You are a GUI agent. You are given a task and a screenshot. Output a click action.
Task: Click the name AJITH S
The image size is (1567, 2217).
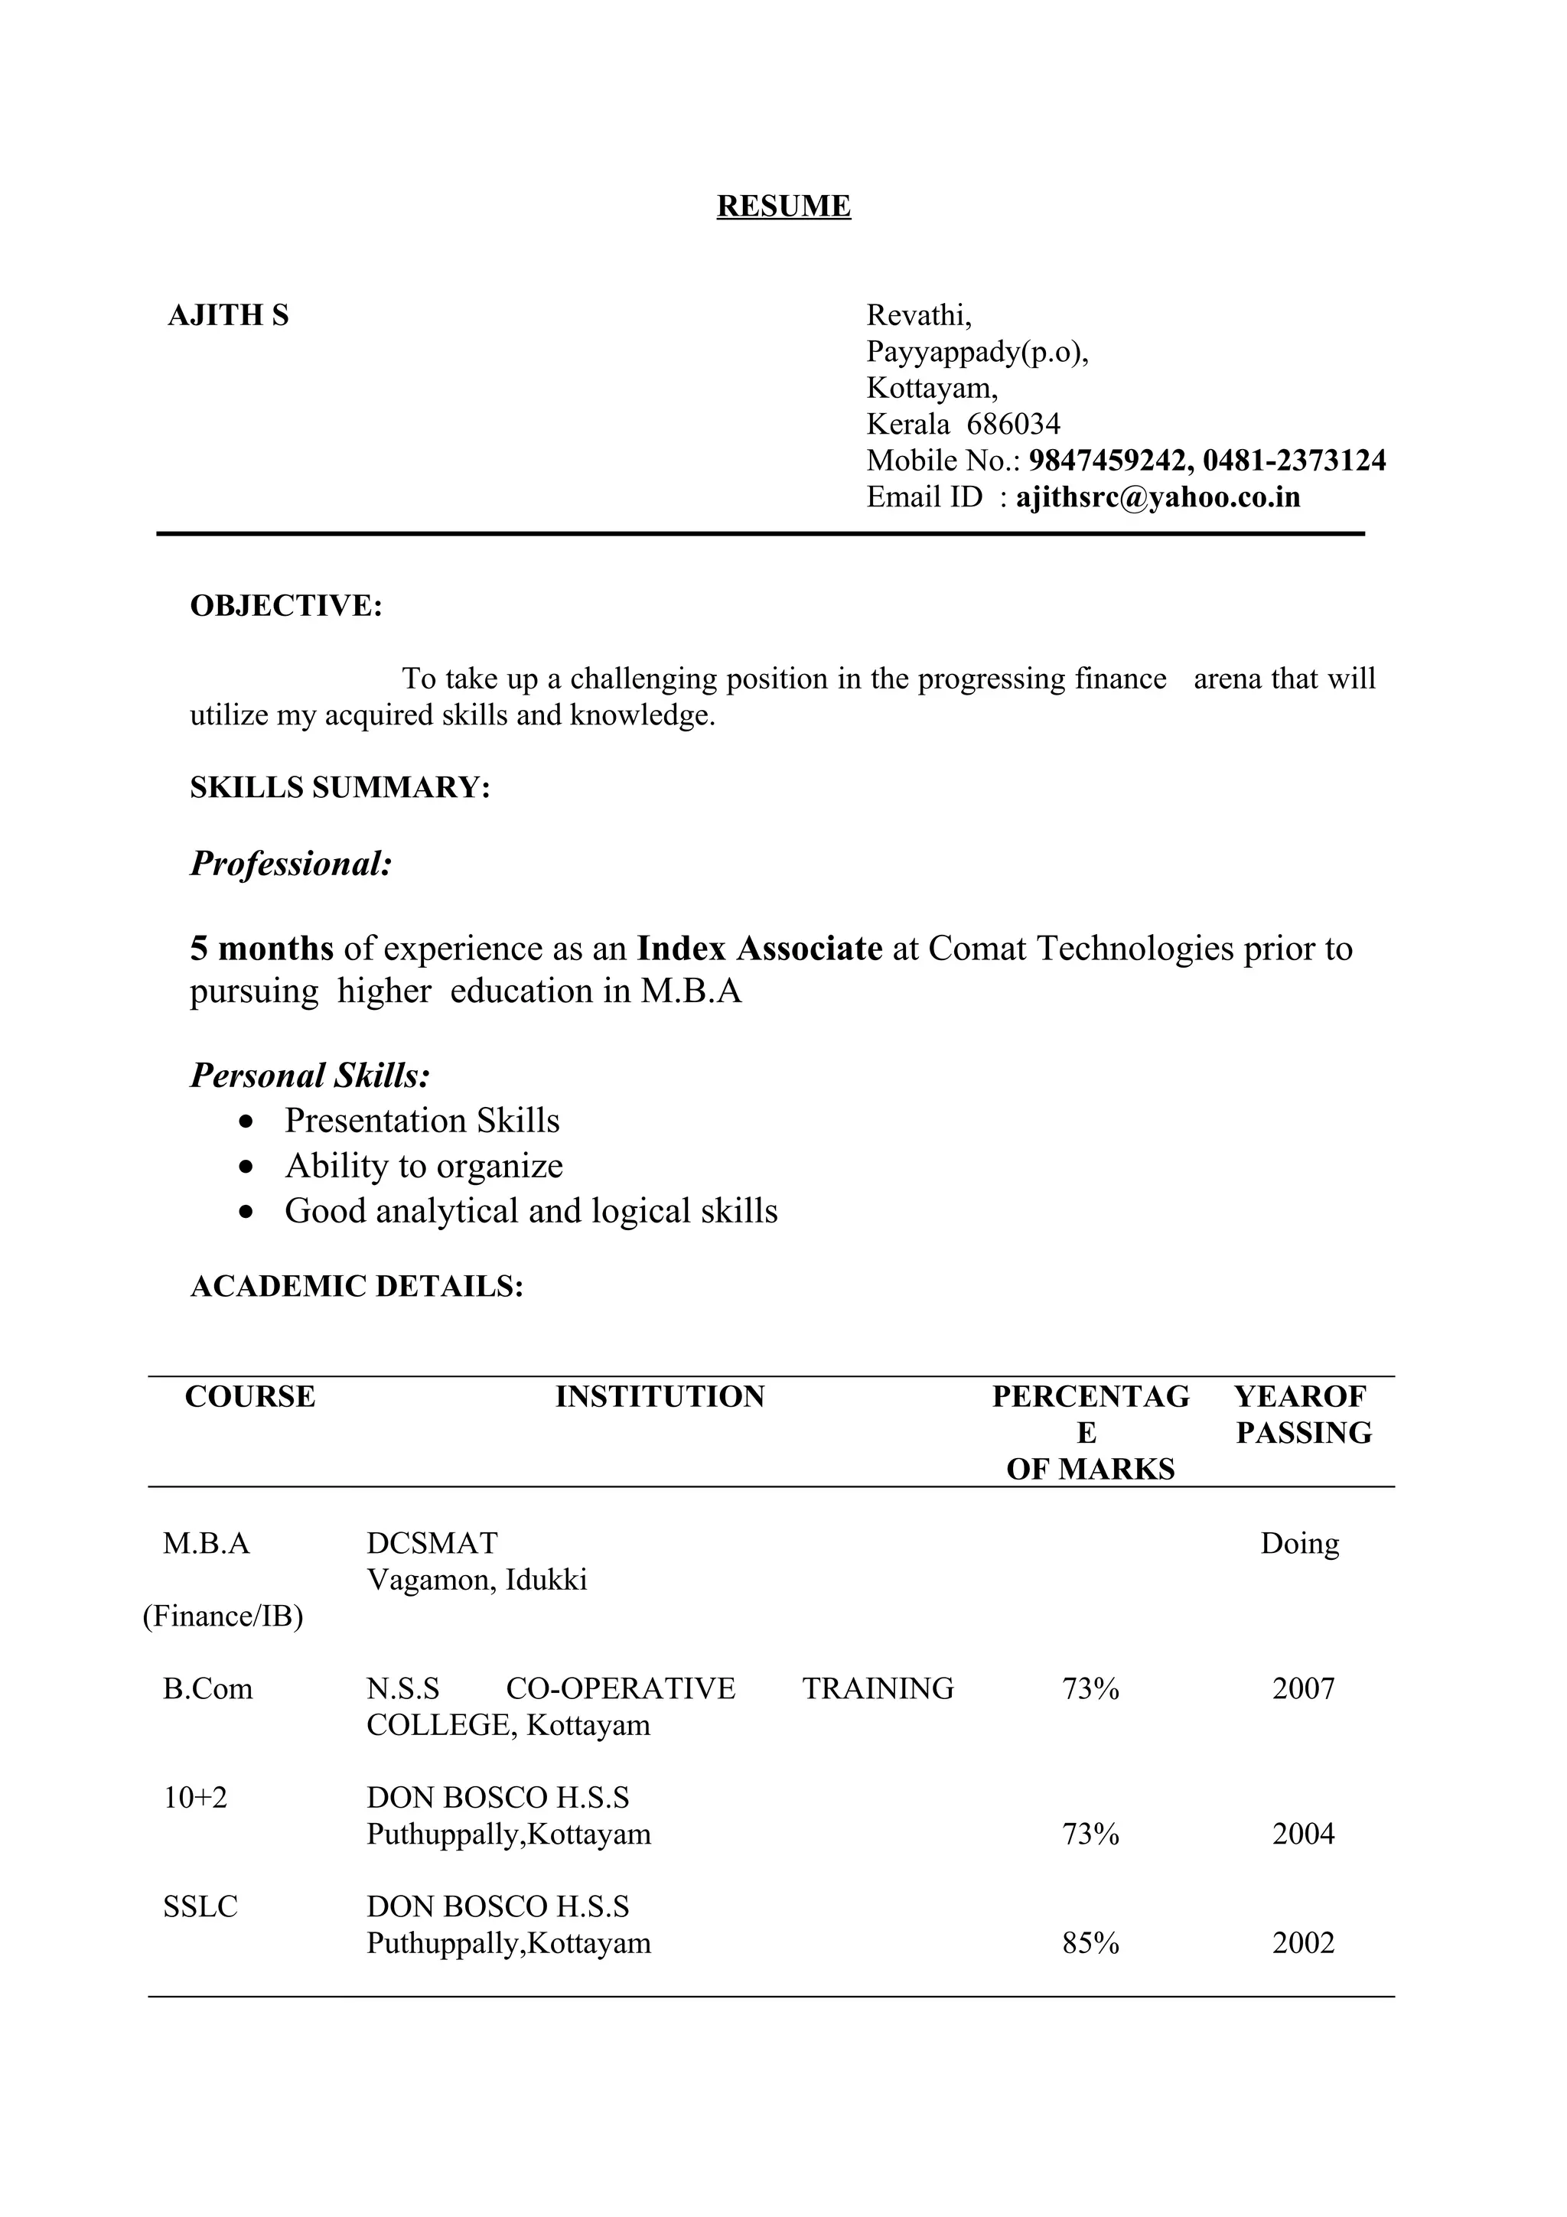click(228, 316)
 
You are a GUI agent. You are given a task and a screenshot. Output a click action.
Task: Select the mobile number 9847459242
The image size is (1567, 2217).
click(1106, 461)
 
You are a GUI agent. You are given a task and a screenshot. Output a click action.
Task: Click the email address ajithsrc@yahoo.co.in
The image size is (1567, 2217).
click(1158, 497)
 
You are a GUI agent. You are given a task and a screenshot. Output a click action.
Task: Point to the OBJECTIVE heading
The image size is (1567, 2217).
click(286, 607)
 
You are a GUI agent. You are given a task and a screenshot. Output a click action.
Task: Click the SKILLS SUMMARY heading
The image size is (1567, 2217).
click(340, 788)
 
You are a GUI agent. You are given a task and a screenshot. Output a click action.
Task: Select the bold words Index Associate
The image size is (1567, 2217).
click(759, 949)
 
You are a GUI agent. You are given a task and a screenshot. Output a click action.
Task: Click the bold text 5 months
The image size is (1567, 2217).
click(262, 949)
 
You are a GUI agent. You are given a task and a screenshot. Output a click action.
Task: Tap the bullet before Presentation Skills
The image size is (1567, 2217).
click(248, 1121)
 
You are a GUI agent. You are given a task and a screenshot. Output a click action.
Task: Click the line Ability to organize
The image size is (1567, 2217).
click(423, 1167)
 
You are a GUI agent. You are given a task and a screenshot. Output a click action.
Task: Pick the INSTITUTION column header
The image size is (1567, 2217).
click(660, 1397)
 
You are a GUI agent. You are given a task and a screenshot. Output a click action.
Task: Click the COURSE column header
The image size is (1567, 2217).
click(250, 1397)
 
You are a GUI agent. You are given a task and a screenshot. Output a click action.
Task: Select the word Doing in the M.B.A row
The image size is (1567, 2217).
click(1299, 1544)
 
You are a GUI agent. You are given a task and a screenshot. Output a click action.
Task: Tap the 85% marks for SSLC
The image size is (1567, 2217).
click(1090, 1944)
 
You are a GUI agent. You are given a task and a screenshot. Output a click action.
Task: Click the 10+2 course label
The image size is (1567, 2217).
click(195, 1798)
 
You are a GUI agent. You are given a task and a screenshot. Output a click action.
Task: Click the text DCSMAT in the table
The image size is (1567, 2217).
click(432, 1544)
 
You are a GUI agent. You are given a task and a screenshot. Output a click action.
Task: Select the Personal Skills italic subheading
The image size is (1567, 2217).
click(309, 1076)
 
